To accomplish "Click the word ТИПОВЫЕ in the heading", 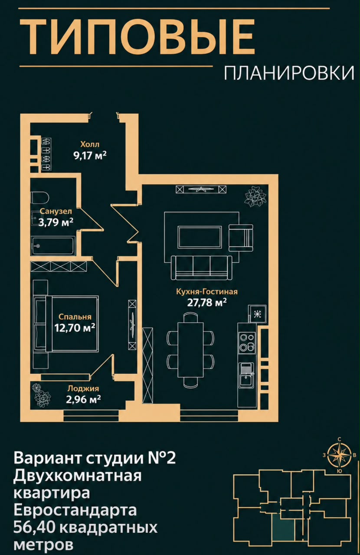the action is (137, 37).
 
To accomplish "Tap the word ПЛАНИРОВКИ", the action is (289, 74).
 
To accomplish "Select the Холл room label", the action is (90, 144).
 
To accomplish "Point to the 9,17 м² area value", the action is (90, 156).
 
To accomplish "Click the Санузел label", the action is (56, 211).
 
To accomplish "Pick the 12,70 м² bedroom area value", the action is (75, 327).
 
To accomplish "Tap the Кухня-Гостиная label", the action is (207, 292).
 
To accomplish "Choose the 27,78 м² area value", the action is (207, 303).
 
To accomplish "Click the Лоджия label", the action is (83, 388).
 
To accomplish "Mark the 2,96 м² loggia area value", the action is (83, 399).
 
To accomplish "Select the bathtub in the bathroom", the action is (53, 245).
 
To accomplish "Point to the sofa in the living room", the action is (201, 268).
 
